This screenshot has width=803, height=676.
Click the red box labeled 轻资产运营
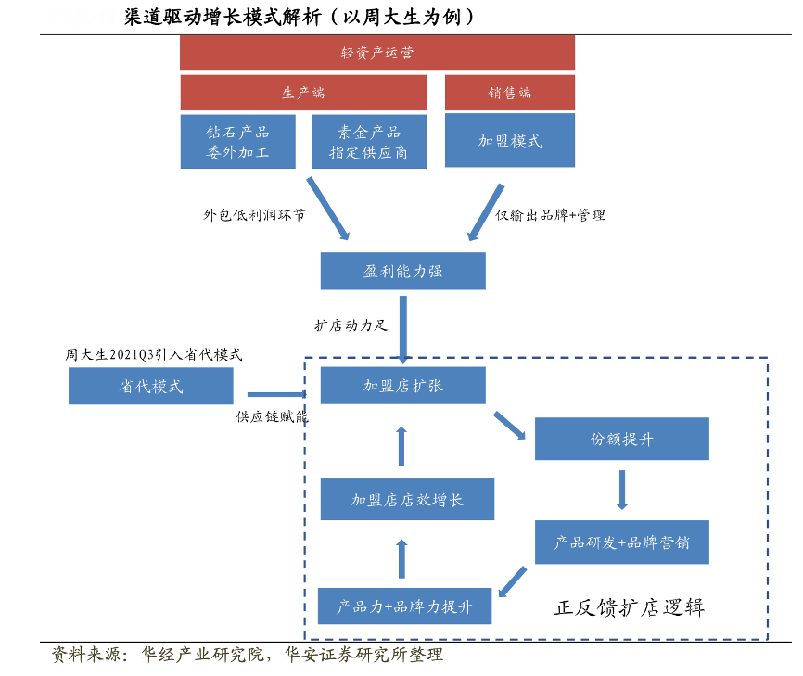[376, 53]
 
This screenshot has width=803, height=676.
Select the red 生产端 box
[303, 93]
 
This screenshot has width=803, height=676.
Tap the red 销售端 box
[509, 93]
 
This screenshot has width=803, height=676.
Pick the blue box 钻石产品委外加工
[237, 141]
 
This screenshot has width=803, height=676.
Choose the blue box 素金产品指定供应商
[368, 141]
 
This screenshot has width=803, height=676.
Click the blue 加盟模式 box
[509, 141]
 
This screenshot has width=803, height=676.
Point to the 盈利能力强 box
[402, 271]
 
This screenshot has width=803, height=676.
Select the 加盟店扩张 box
[402, 385]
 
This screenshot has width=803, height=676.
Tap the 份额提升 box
[621, 439]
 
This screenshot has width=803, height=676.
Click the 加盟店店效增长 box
[407, 499]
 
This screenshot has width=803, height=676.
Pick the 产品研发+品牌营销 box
[621, 542]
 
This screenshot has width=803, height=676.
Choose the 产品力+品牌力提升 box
[404, 606]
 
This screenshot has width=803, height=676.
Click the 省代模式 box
[151, 386]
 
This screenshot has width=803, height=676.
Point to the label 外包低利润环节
[254, 214]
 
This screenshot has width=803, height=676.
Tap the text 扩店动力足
[350, 325]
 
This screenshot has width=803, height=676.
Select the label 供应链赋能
[271, 416]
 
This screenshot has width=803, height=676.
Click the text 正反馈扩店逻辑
[630, 607]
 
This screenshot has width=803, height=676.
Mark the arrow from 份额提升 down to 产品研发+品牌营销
[621, 490]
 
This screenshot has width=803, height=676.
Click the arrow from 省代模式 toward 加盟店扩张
[275, 394]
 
